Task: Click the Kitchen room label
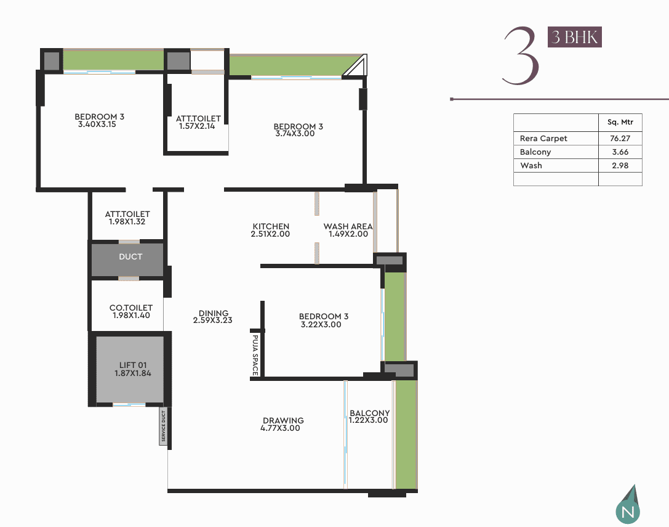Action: point(271,227)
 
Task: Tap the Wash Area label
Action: point(348,227)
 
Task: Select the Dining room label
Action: point(214,313)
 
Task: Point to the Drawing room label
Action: point(283,420)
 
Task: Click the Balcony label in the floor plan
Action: point(369,414)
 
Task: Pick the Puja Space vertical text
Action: point(255,355)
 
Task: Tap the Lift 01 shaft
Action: point(130,369)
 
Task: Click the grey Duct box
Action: point(127,259)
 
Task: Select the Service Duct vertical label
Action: point(164,426)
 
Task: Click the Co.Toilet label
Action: point(131,308)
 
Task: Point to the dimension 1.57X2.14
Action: point(197,126)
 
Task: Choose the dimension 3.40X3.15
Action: point(97,125)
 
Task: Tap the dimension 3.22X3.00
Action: point(321,324)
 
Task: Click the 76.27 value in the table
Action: point(620,139)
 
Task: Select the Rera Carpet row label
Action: point(543,139)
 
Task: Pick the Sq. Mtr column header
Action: point(620,122)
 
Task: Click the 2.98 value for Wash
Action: point(620,165)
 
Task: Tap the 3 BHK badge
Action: point(575,37)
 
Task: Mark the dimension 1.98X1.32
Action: point(127,222)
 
